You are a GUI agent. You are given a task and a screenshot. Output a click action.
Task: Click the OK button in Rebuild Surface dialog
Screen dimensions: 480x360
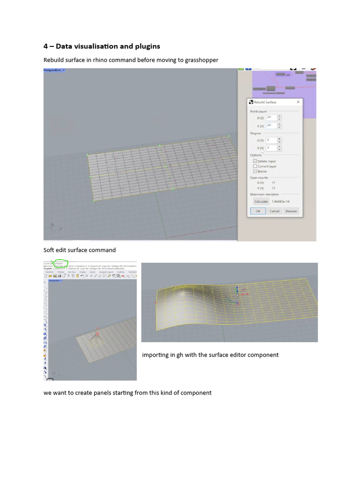tap(258, 211)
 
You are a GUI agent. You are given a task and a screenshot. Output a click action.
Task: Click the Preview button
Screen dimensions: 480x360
tap(291, 211)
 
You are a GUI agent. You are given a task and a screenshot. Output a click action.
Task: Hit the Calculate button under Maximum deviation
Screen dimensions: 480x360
tap(261, 202)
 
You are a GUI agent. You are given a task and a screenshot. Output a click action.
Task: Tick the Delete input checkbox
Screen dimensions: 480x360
tap(255, 161)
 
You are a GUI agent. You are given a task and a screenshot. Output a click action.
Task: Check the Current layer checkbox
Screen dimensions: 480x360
tap(255, 166)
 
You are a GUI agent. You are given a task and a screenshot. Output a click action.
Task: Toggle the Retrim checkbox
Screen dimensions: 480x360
tap(255, 172)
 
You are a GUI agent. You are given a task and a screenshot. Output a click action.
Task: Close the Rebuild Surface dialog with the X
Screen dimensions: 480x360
tap(298, 102)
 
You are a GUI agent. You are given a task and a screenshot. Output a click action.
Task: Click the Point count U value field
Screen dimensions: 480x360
tap(271, 118)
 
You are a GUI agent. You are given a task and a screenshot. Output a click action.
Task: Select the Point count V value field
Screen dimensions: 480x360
tap(271, 126)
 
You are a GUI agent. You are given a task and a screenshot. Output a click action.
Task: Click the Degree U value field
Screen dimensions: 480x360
tap(271, 140)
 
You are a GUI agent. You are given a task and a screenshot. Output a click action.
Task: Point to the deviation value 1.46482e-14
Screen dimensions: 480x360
tap(281, 202)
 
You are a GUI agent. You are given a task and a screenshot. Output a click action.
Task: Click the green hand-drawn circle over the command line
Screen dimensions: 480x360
tap(61, 263)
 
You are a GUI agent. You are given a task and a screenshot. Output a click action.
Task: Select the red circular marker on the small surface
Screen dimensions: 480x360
tap(97, 334)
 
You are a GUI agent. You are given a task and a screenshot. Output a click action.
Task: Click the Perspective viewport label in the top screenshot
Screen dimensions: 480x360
tap(52, 70)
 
